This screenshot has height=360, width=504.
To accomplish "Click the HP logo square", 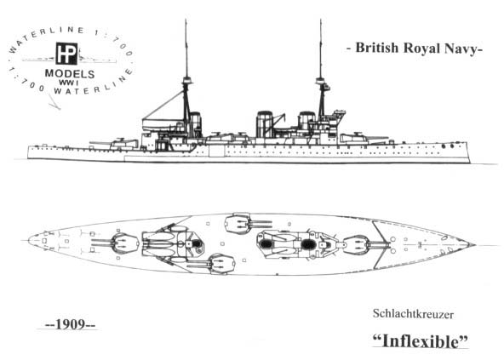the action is pos(66,54).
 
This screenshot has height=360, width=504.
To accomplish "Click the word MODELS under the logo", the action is pos(70,73).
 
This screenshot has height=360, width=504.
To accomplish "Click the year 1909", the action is pos(70,324).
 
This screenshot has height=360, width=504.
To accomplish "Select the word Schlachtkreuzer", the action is pos(414,314).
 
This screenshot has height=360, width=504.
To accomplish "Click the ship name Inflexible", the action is pos(421,340).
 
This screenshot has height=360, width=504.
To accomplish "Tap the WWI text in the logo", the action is pos(69,83).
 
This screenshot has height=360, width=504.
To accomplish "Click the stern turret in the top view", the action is pos(124,243).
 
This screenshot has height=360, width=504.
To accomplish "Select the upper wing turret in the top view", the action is pos(238,223).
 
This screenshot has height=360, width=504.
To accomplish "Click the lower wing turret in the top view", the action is pos(222,264).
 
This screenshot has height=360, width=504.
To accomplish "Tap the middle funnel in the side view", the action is pos(265,124).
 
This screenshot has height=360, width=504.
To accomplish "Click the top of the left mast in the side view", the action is pos(186,20).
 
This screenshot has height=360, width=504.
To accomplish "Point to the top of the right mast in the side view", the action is pos(320,20).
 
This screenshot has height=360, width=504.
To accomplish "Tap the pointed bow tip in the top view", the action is pos(474,245).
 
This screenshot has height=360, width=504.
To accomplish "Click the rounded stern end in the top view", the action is pos(28,241).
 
